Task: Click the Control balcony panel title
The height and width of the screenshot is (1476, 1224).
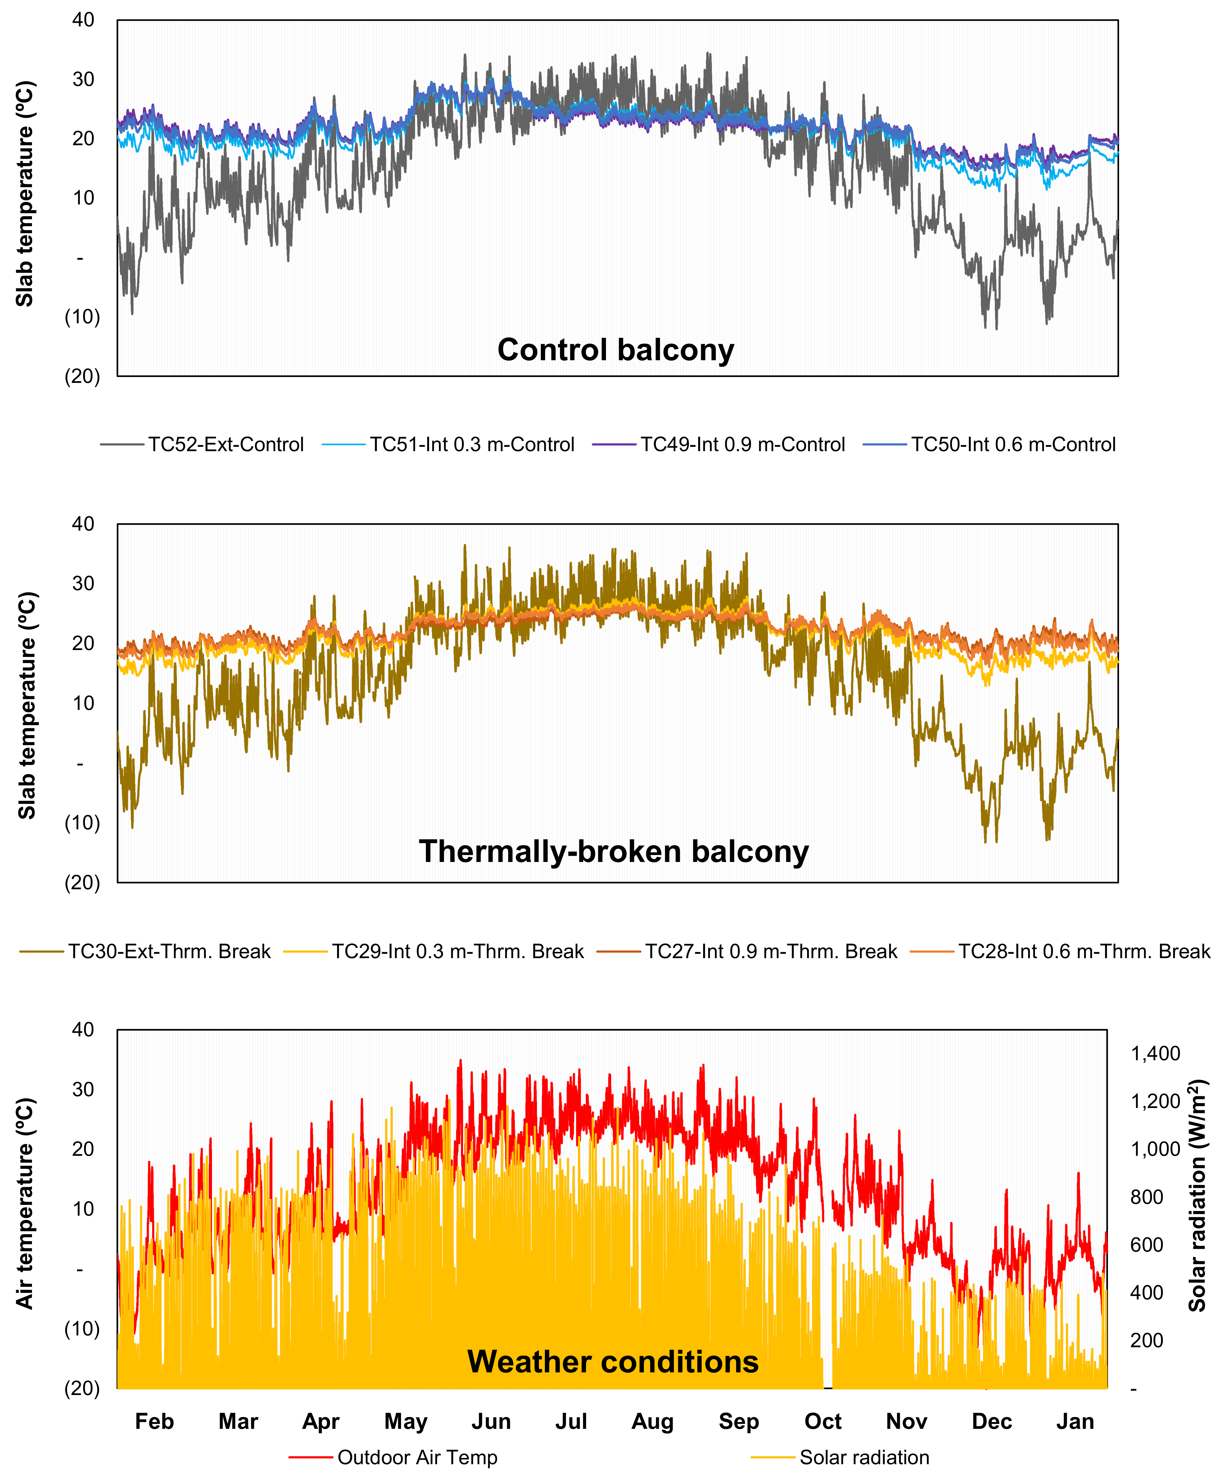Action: [616, 349]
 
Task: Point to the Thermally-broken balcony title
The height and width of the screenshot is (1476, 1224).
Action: [614, 851]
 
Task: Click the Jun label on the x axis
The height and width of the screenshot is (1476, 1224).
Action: [491, 1421]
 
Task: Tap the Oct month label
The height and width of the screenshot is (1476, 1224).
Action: [823, 1421]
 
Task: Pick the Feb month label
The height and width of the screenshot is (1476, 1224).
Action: [154, 1421]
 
